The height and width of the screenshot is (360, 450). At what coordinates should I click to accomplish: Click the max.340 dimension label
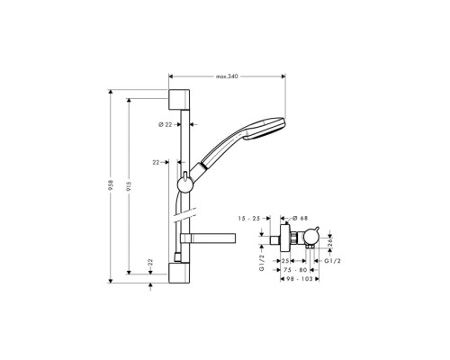click(227, 76)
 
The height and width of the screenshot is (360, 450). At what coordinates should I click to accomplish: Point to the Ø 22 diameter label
click(165, 123)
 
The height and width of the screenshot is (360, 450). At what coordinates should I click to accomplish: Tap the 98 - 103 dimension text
click(293, 280)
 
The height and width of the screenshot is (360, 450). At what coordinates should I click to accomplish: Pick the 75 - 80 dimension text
click(295, 268)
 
